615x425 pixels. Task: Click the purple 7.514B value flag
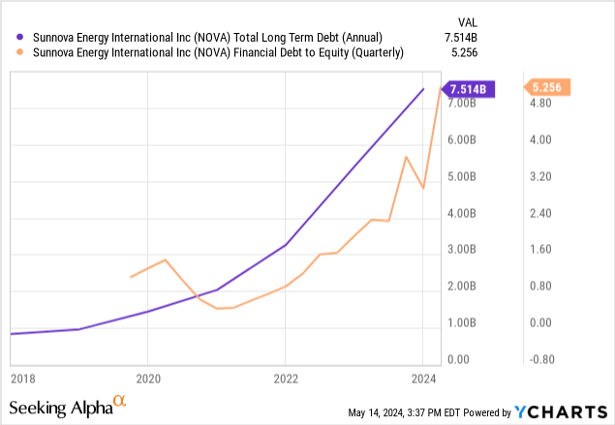click(472, 89)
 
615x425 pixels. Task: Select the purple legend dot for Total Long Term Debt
click(15, 36)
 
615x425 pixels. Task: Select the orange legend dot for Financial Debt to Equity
click(15, 52)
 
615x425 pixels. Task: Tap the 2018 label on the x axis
click(21, 378)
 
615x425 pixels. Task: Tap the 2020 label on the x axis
click(147, 378)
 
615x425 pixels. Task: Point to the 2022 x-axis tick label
click(285, 378)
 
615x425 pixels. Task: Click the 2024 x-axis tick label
click(422, 378)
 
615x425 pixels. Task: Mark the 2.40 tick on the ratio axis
click(538, 213)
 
